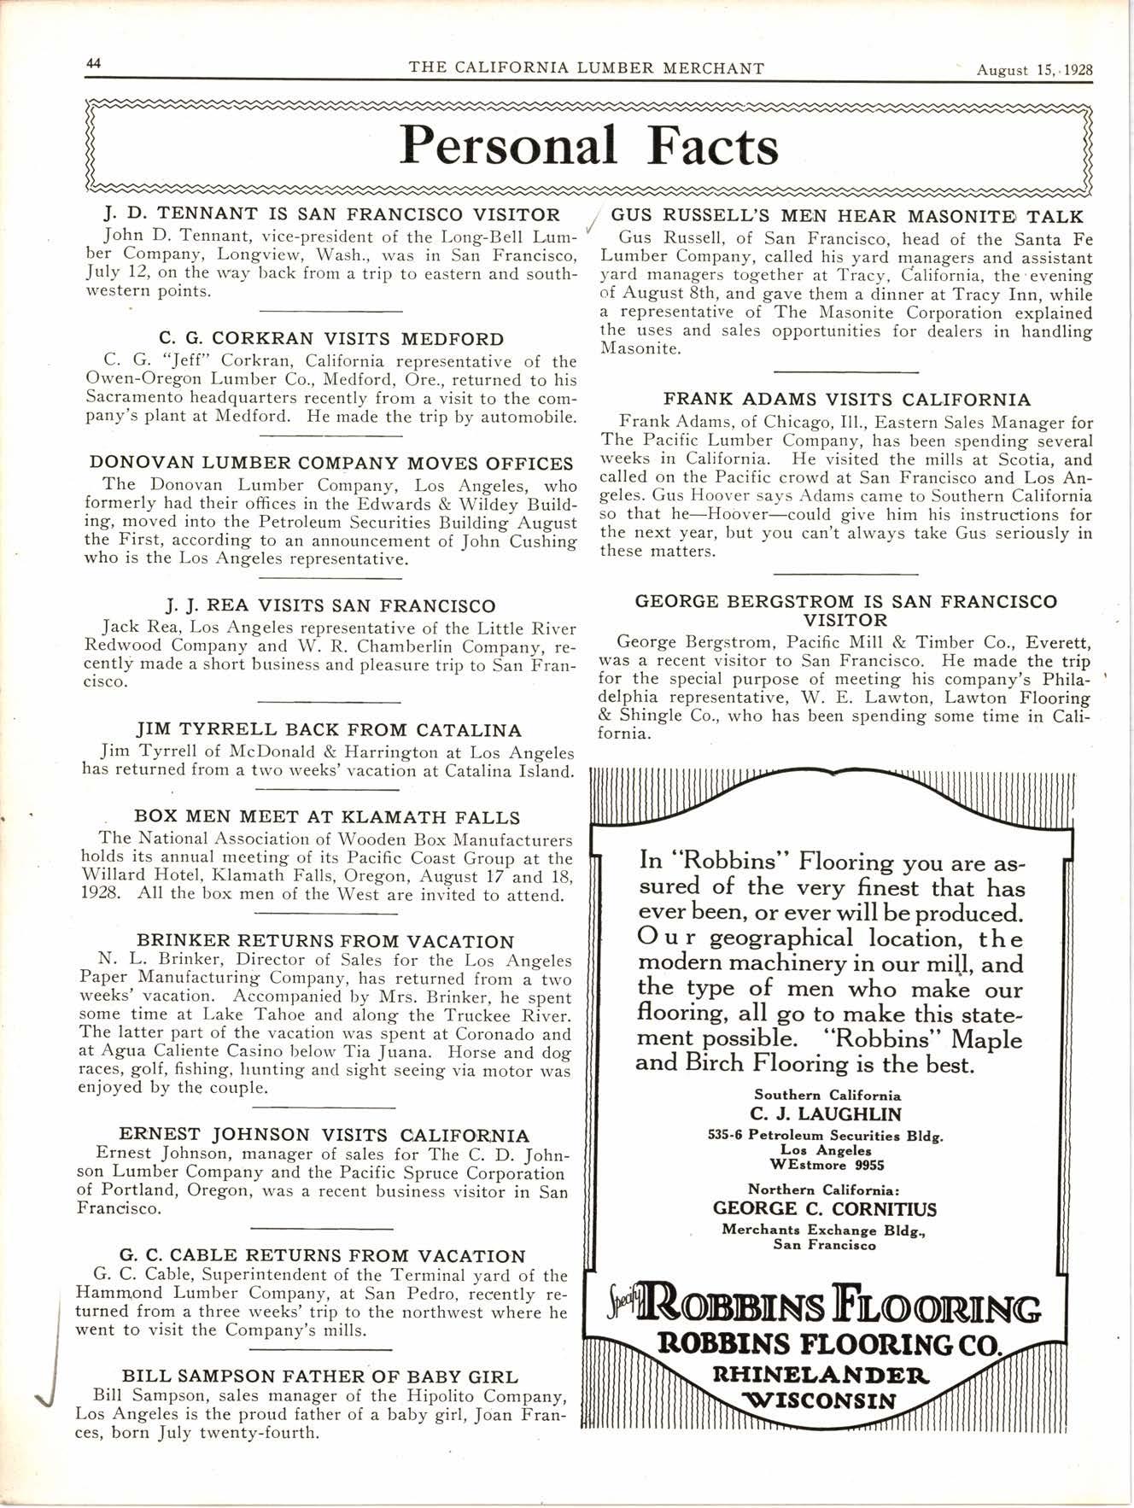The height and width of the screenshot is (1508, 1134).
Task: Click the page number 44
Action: pos(94,65)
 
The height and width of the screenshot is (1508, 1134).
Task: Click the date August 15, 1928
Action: pos(1034,69)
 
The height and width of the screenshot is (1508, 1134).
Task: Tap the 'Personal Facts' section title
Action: pos(589,145)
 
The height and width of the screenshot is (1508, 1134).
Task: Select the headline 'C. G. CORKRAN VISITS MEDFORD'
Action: pos(331,339)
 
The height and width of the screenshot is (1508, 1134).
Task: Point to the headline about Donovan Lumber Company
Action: pos(331,464)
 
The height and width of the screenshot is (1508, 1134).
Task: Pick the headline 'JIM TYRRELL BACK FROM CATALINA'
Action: pos(329,730)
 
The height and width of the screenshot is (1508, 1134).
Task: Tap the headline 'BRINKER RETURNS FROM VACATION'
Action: pos(325,942)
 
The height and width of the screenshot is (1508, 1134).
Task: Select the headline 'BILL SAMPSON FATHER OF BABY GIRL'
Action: pos(319,1376)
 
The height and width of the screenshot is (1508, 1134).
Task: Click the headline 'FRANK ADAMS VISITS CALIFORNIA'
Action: pos(847,399)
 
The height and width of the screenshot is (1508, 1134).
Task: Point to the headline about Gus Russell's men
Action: pos(846,217)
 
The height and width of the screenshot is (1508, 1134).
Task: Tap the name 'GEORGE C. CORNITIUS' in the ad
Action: pos(825,1209)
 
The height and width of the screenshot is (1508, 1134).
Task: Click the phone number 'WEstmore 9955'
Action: pos(826,1165)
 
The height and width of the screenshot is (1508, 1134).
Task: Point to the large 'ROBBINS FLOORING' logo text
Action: pos(825,1309)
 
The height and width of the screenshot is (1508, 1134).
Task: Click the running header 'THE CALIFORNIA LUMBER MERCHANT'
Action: pos(587,68)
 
